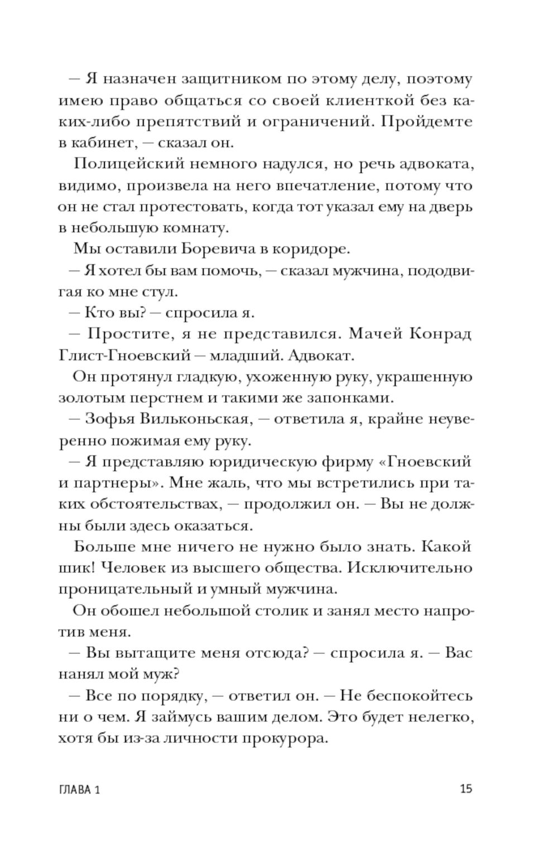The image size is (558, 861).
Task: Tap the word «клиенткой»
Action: point(372,100)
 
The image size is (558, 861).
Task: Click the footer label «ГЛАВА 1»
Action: point(79,790)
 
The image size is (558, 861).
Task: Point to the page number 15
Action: point(466,789)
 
